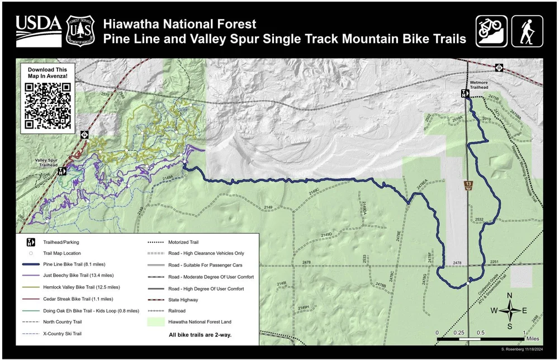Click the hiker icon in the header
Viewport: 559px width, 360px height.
[x=527, y=31]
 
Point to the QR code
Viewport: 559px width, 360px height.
[x=48, y=106]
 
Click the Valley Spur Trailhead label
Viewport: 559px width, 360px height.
[x=47, y=162]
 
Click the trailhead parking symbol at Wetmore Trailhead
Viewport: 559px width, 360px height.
[x=464, y=93]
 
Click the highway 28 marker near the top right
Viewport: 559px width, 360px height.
[x=499, y=68]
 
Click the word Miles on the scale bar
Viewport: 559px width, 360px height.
[x=532, y=339]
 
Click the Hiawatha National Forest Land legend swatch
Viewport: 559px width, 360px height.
[x=157, y=322]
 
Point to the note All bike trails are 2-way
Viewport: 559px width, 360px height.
[x=200, y=335]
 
